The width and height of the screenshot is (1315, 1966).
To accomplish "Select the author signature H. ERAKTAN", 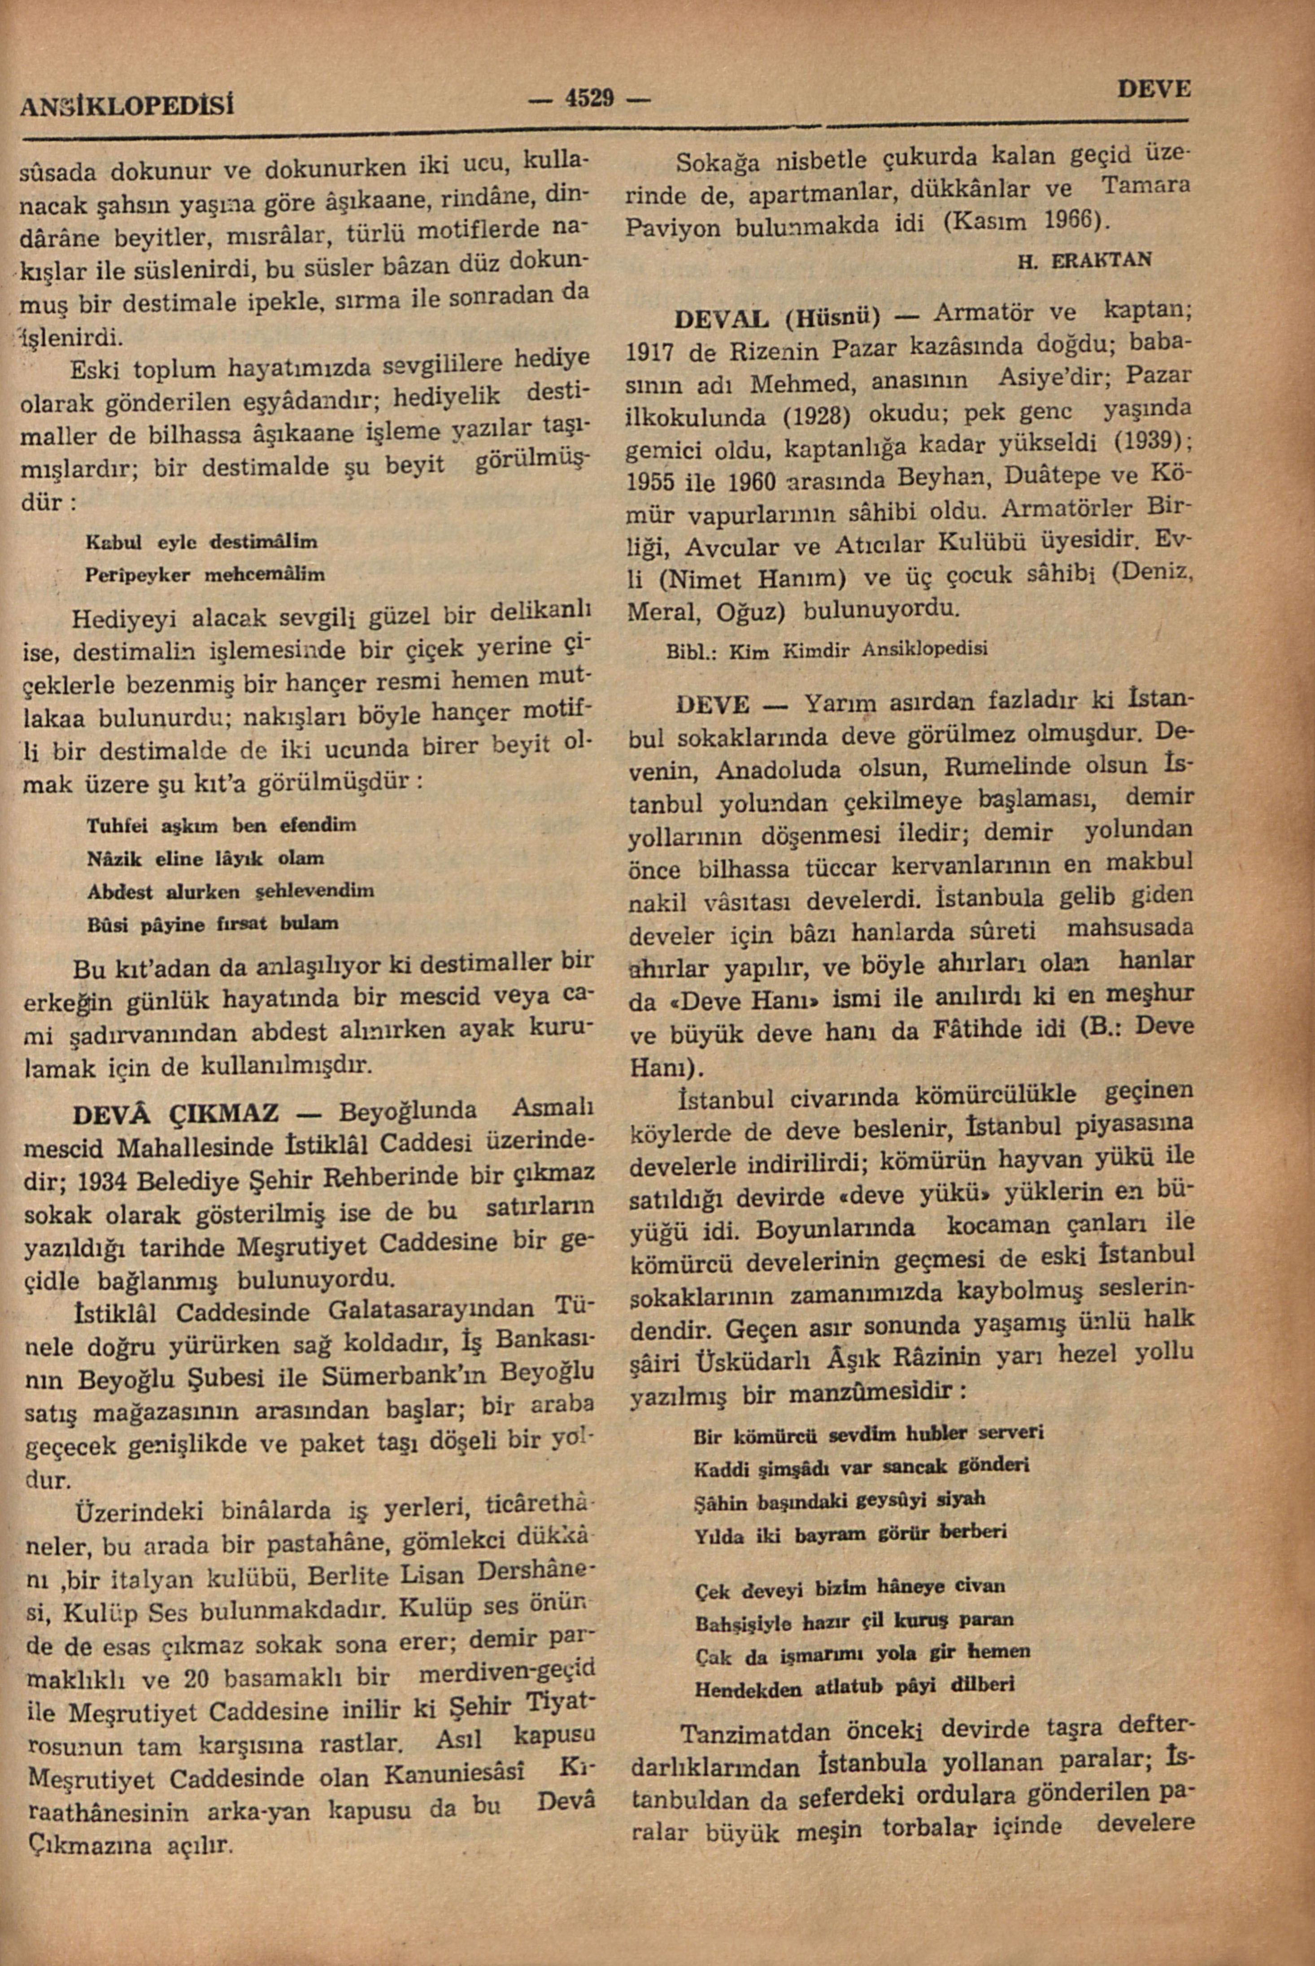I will pyautogui.click(x=1084, y=261).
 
